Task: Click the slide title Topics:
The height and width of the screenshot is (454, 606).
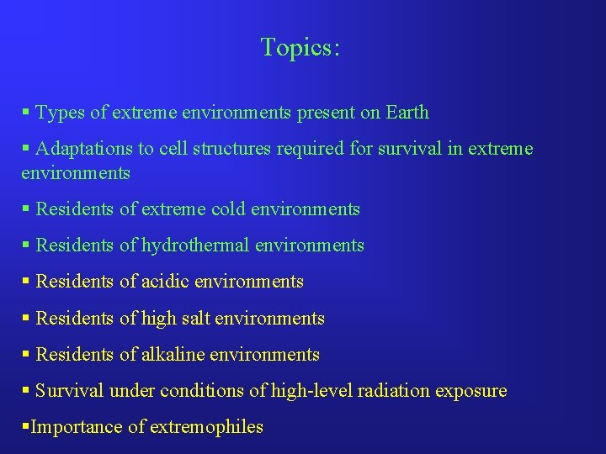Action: [300, 48]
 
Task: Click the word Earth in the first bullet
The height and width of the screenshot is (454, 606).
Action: [407, 113]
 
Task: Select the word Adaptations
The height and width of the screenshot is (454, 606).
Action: [85, 149]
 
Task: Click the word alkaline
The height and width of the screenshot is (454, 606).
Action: [175, 354]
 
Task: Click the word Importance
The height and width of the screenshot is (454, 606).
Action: [77, 427]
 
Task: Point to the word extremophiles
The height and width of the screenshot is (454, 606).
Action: [207, 427]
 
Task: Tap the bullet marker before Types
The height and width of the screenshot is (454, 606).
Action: [26, 113]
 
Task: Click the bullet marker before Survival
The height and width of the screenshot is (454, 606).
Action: [26, 391]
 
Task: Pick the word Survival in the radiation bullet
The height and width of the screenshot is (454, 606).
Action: [66, 391]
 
